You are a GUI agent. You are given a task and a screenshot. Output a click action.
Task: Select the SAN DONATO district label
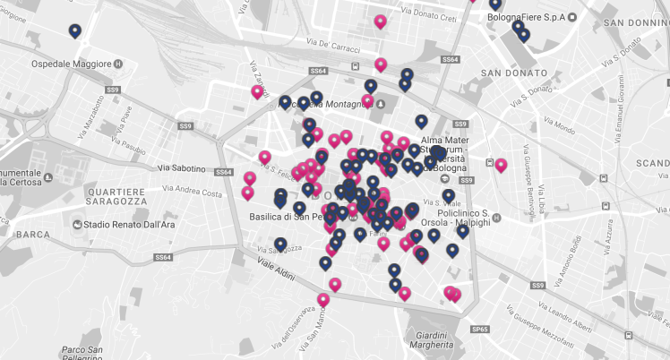(x=513, y=73)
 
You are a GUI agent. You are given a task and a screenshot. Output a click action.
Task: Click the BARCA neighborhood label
(x=33, y=235)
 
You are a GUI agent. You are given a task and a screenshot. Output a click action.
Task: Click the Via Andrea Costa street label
(x=191, y=193)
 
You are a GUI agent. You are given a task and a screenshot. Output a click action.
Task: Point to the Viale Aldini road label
(x=276, y=270)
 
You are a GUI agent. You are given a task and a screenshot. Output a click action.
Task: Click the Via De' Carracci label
(x=339, y=45)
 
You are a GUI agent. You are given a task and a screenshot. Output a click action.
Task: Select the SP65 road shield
(x=480, y=330)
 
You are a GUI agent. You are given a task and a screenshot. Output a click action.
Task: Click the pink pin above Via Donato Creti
(x=381, y=21)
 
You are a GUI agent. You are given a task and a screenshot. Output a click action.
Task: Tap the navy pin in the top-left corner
(x=75, y=31)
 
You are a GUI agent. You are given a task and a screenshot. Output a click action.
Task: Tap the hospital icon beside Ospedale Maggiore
(x=118, y=64)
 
